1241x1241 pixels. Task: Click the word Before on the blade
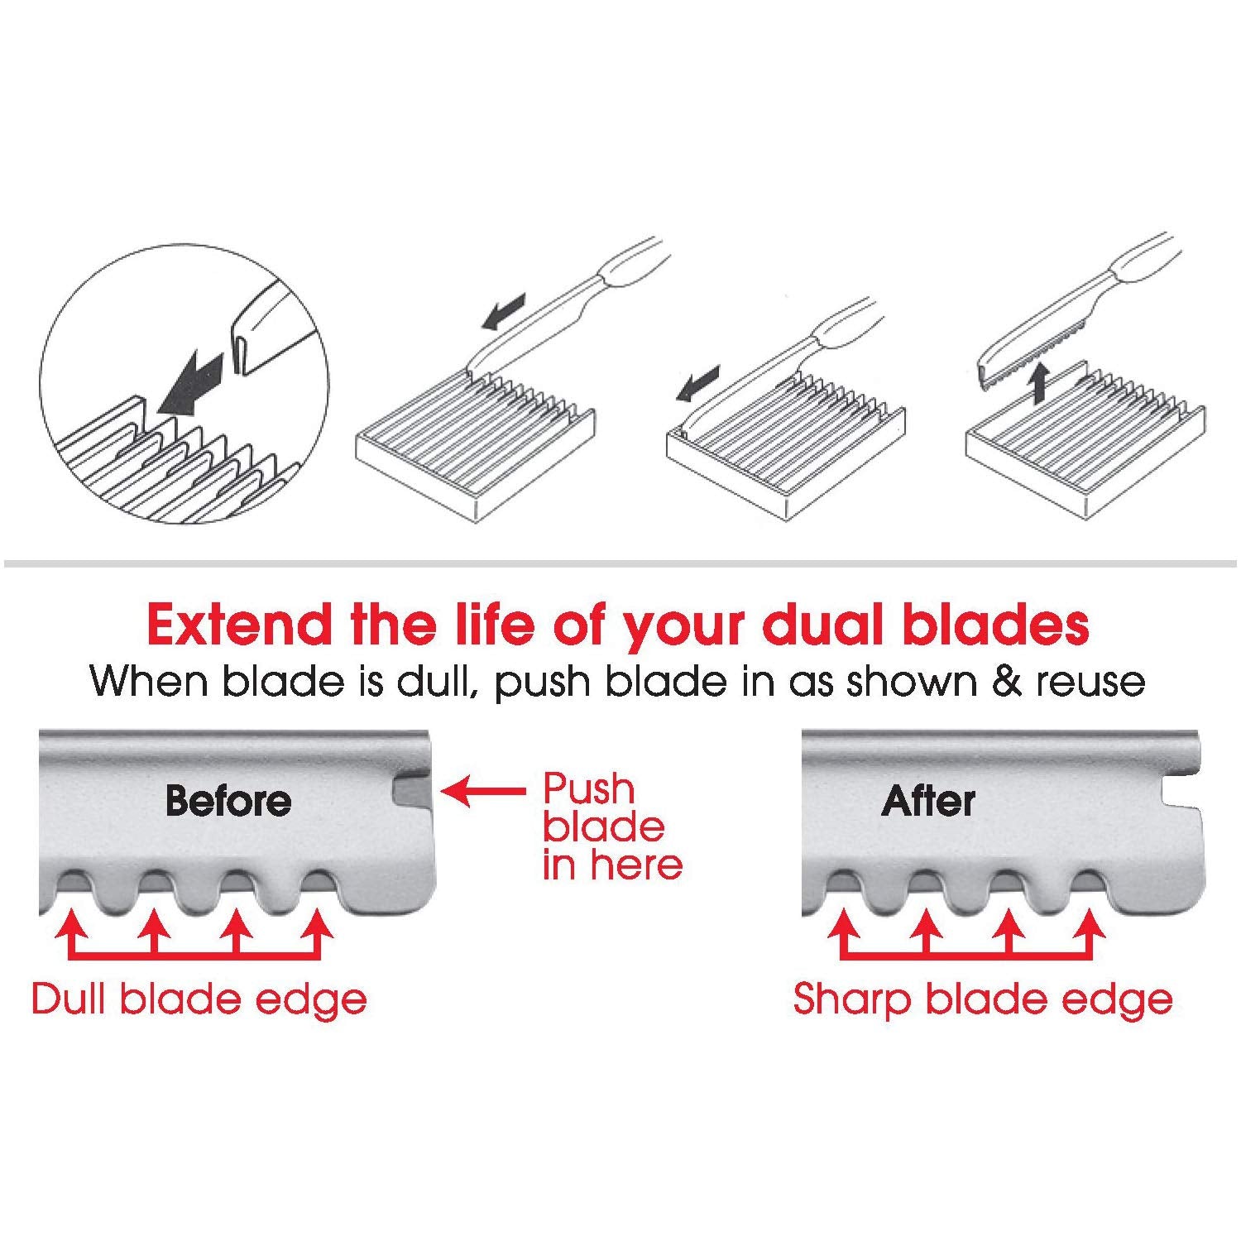pyautogui.click(x=228, y=800)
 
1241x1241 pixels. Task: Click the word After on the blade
pyautogui.click(x=928, y=800)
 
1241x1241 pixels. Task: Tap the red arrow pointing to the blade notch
pyautogui.click(x=483, y=792)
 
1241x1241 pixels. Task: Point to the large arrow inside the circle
pyautogui.click(x=190, y=381)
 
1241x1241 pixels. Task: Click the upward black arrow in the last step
pyautogui.click(x=1041, y=384)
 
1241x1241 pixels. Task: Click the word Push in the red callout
pyautogui.click(x=588, y=789)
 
